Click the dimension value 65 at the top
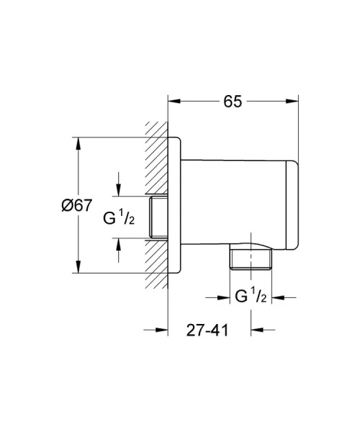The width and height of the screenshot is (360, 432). [x=233, y=102]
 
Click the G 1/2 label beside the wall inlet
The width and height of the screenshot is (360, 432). [x=120, y=218]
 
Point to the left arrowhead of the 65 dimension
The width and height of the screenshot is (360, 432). [x=173, y=102]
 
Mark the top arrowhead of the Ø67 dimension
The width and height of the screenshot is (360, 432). [x=77, y=140]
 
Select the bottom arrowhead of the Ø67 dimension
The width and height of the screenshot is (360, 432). [x=77, y=269]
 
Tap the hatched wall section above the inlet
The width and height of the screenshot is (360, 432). [x=154, y=158]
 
